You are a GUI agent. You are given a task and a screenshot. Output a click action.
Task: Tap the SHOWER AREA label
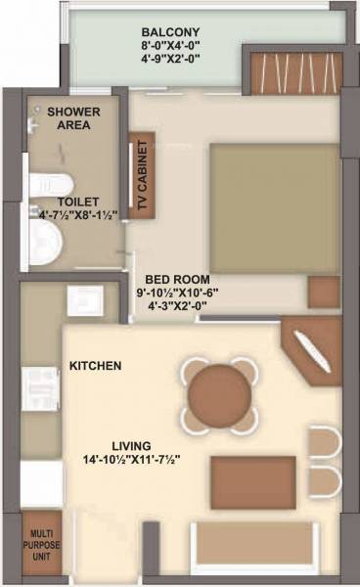pos(69,118)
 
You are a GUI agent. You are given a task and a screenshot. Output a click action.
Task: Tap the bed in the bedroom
pos(273,208)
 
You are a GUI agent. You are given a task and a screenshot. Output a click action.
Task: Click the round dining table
pos(219,394)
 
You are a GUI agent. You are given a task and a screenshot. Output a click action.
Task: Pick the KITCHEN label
pos(95,366)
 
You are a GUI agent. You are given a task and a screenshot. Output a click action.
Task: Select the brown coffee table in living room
pos(252,481)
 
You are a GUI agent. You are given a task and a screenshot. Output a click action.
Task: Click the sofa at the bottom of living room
pos(255,544)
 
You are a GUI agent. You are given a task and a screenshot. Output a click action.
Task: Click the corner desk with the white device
pos(311,347)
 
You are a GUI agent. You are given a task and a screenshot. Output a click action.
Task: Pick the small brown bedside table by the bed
pos(323,291)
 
